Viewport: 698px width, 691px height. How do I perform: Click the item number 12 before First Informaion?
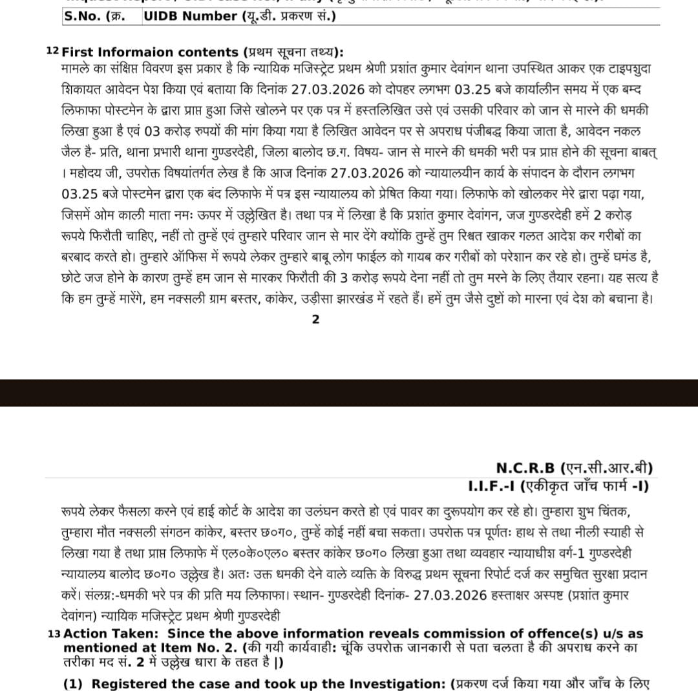coord(52,51)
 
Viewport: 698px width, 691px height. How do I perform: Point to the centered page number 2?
coord(315,319)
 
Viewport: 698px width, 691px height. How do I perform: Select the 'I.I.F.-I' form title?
coord(492,485)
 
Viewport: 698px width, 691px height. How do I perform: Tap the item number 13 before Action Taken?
coord(54,634)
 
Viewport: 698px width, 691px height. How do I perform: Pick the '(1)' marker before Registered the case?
coord(73,684)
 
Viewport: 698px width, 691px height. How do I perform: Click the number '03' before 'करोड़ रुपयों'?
coord(152,130)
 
